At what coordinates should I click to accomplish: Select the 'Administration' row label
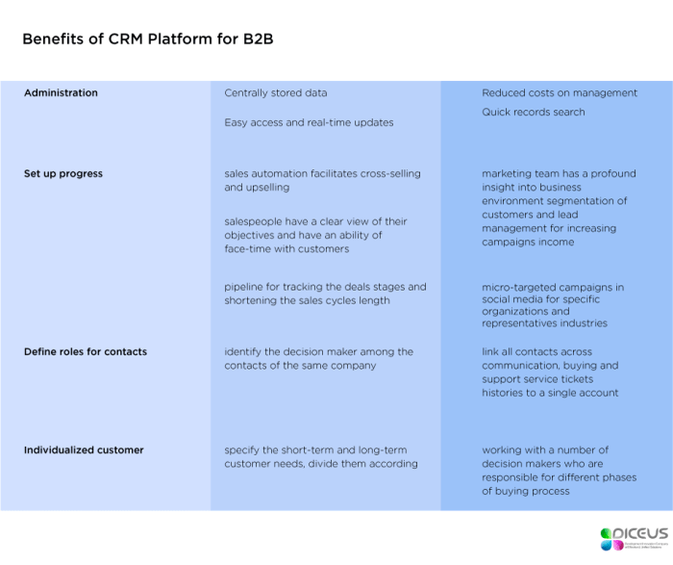pyautogui.click(x=61, y=93)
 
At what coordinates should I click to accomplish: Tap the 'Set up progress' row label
pyautogui.click(x=63, y=174)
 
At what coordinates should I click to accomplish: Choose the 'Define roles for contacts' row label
pyautogui.click(x=86, y=352)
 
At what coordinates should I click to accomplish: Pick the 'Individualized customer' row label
pyautogui.click(x=84, y=450)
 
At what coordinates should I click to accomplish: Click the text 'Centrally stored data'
pyautogui.click(x=276, y=93)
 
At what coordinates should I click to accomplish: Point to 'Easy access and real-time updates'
pyautogui.click(x=309, y=123)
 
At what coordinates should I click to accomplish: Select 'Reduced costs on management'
pyautogui.click(x=559, y=93)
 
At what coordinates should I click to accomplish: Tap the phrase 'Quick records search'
pyautogui.click(x=533, y=113)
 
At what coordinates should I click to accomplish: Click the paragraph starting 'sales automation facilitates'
pyautogui.click(x=322, y=181)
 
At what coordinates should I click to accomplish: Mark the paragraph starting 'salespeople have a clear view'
pyautogui.click(x=316, y=235)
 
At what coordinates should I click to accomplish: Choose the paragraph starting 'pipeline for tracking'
pyautogui.click(x=325, y=294)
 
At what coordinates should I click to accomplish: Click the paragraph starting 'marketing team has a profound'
pyautogui.click(x=559, y=208)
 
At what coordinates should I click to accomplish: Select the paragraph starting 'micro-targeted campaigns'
pyautogui.click(x=553, y=306)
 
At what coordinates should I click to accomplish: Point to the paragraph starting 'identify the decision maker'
pyautogui.click(x=318, y=359)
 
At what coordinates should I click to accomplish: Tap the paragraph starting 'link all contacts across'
pyautogui.click(x=551, y=372)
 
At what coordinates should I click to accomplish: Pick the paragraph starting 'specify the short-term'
pyautogui.click(x=321, y=457)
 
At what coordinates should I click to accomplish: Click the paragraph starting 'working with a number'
pyautogui.click(x=559, y=471)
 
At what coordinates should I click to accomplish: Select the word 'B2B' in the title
pyautogui.click(x=264, y=39)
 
